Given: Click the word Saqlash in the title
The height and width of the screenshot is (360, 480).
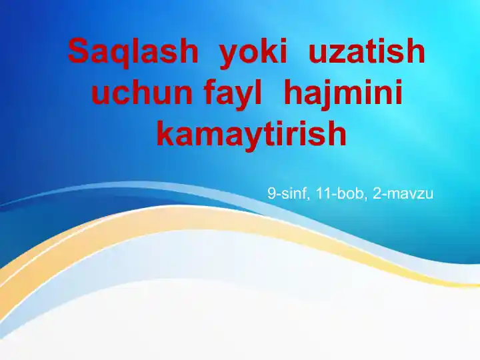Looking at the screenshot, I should click(x=133, y=51).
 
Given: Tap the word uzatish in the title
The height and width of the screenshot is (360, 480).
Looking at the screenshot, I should click(x=366, y=51).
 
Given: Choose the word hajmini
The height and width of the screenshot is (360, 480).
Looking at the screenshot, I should click(x=343, y=93).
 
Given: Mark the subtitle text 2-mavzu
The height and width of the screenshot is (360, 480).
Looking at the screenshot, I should click(x=401, y=194).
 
